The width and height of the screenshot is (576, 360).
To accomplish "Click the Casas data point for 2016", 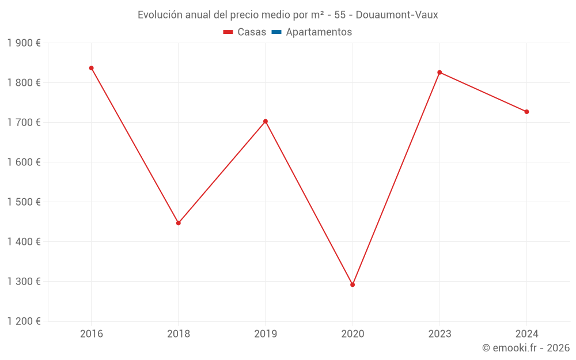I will click(91, 68).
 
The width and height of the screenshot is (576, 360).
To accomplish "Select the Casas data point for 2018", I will click(179, 223).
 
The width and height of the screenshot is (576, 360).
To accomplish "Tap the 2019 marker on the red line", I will click(266, 122).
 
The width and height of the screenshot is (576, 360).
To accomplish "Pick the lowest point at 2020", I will click(353, 285).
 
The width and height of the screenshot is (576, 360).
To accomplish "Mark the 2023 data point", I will click(439, 73).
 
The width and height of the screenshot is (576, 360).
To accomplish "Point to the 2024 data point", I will click(526, 112).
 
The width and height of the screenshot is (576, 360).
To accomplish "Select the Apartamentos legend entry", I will click(319, 32).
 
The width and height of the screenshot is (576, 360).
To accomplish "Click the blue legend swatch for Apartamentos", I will click(276, 32).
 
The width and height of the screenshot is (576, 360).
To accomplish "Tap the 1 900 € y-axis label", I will click(24, 43).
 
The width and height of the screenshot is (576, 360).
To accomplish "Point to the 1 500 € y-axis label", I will click(24, 202).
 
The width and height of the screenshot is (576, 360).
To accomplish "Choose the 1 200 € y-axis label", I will click(24, 321).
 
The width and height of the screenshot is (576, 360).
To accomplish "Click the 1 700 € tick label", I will click(24, 123).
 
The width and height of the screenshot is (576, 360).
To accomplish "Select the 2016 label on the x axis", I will click(91, 334).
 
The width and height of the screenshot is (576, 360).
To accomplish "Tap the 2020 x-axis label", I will click(353, 334).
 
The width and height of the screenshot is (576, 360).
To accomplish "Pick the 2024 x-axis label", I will click(526, 334).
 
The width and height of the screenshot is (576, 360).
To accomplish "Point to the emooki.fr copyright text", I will click(526, 348).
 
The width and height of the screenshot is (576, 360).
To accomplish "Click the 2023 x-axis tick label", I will click(439, 334).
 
